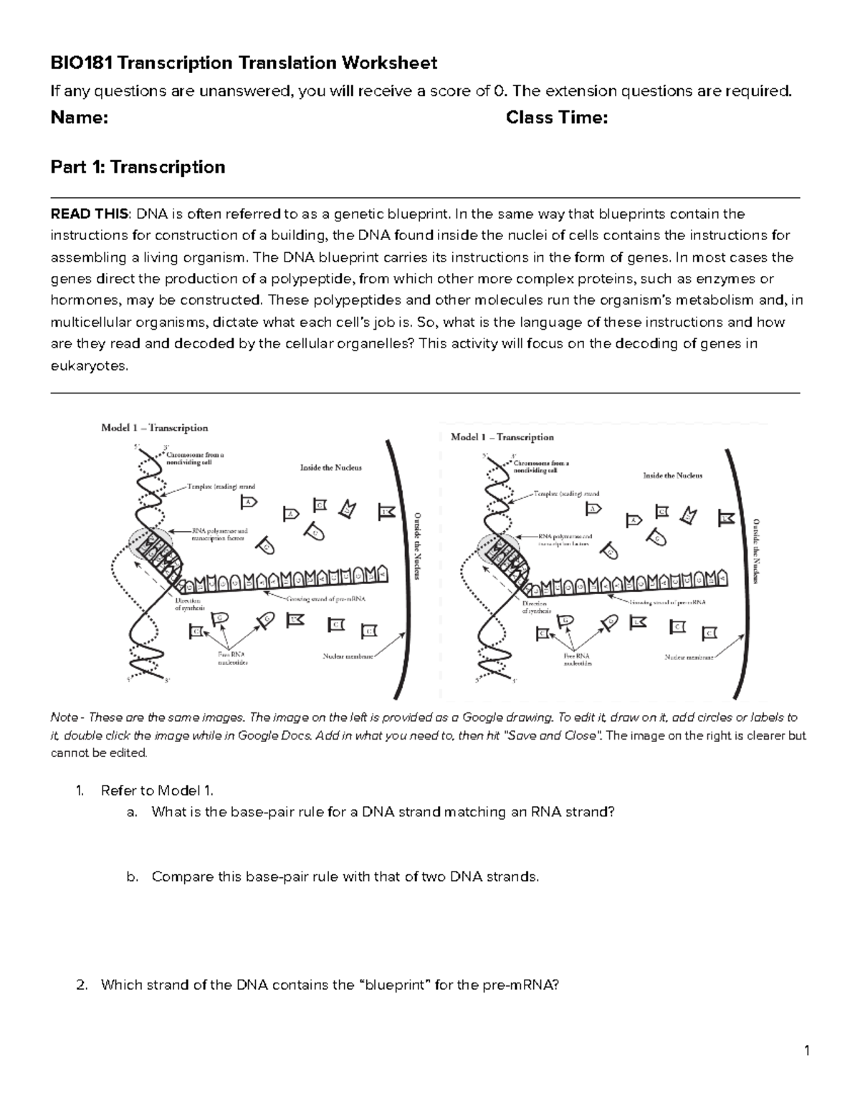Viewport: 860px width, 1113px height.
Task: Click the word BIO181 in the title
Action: coord(82,63)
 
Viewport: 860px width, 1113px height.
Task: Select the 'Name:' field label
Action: coord(79,118)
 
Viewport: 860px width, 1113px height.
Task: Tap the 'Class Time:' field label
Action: coord(556,118)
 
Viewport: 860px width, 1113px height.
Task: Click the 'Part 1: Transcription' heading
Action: coord(138,167)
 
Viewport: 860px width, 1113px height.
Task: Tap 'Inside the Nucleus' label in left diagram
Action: coord(330,467)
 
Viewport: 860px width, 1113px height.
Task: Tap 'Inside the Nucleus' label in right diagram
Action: coord(672,475)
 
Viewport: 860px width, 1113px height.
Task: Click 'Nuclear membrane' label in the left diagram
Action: coord(346,655)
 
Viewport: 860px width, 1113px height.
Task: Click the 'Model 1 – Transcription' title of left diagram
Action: coord(154,428)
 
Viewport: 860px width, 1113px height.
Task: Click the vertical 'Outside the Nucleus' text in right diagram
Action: coord(755,550)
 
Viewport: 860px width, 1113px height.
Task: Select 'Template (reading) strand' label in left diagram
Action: coord(221,486)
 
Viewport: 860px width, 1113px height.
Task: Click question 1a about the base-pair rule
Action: coord(383,812)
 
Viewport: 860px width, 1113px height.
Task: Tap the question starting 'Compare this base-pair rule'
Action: coord(345,876)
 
